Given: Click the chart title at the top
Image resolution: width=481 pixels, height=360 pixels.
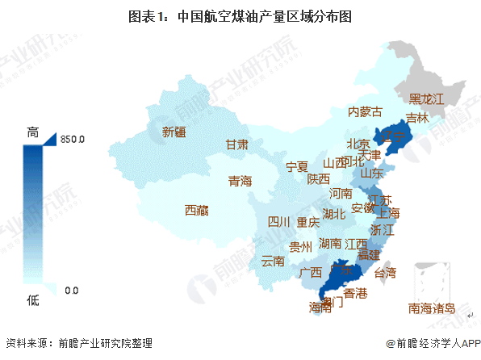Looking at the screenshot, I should click(x=241, y=15).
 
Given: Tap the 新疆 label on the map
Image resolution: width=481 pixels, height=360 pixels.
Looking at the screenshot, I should click(x=174, y=132).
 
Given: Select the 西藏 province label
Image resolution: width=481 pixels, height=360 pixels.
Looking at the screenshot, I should click(x=196, y=211).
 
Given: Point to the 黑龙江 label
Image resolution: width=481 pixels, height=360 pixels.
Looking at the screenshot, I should click(x=426, y=99).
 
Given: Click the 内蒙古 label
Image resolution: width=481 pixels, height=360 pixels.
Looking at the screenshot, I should click(x=364, y=112).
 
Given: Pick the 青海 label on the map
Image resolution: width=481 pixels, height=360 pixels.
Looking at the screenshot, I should click(x=240, y=181).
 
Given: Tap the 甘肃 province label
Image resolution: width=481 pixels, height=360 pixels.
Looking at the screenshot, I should click(x=236, y=145).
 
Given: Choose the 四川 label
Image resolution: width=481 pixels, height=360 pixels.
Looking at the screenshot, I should click(x=279, y=222).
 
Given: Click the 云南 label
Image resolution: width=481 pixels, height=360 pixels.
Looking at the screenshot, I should click(x=273, y=261).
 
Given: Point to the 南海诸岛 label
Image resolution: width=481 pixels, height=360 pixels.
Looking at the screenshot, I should click(x=431, y=308).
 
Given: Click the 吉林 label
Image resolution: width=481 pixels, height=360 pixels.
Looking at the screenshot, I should click(x=416, y=118).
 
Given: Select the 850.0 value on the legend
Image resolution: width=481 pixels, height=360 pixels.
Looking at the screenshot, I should click(x=73, y=140).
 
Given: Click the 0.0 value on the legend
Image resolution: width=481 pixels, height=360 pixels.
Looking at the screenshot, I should click(x=71, y=290).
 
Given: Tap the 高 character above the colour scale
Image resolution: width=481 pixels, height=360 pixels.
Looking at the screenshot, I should click(x=33, y=131).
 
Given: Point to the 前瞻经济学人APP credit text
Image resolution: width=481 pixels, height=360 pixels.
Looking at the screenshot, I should click(x=433, y=343).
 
